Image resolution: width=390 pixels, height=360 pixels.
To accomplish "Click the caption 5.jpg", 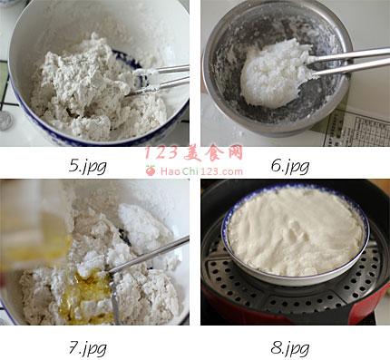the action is coord(88,166).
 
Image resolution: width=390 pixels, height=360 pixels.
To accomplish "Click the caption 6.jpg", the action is coord(290,166).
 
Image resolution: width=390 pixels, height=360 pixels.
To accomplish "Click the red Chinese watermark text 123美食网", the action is coord(194,152).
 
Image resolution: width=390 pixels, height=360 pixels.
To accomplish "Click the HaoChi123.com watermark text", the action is coord(201,171).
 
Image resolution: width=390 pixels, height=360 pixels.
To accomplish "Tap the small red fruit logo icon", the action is coord(151,170).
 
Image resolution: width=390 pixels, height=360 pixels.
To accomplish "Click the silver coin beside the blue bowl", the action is coord(5,121).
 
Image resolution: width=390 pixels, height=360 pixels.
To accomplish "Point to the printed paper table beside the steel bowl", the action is coord(356,128).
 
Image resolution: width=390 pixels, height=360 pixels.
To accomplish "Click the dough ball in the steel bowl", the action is coord(275,74).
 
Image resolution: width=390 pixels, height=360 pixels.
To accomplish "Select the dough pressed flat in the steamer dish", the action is coord(295,231).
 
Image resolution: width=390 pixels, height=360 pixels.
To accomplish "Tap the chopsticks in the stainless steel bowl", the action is coord(347,62).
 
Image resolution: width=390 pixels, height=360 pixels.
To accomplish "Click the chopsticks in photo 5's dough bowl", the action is coord(157,80).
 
